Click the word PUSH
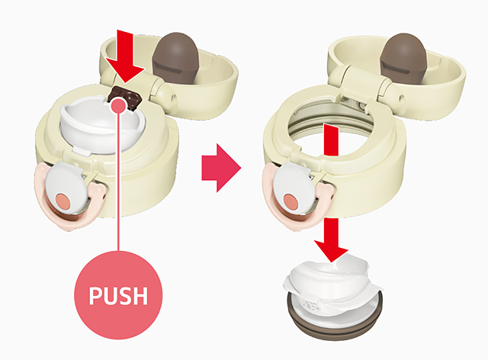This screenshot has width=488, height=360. pyautogui.click(x=118, y=295)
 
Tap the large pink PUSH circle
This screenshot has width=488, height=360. pyautogui.click(x=118, y=295)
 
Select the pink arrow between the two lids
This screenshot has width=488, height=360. pyautogui.click(x=221, y=168)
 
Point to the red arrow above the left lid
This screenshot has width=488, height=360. pyautogui.click(x=125, y=56)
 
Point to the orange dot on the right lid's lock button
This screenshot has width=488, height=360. pyautogui.click(x=291, y=201)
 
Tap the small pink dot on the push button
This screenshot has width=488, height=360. pyautogui.click(x=118, y=104)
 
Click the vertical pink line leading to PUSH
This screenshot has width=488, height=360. pyautogui.click(x=118, y=181)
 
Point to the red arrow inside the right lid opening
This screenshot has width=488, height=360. pyautogui.click(x=331, y=140)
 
